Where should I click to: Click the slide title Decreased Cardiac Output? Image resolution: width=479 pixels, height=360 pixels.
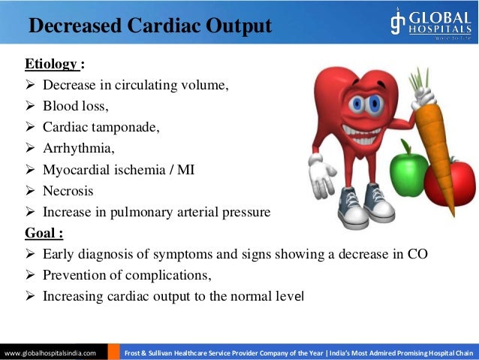click(x=149, y=26)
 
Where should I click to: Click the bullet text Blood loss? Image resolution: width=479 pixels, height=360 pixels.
click(x=76, y=106)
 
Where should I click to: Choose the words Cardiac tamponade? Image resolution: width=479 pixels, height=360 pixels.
click(x=101, y=127)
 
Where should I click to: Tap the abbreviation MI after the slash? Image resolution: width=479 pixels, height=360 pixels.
click(x=185, y=170)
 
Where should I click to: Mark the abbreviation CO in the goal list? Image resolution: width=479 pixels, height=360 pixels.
click(x=417, y=254)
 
